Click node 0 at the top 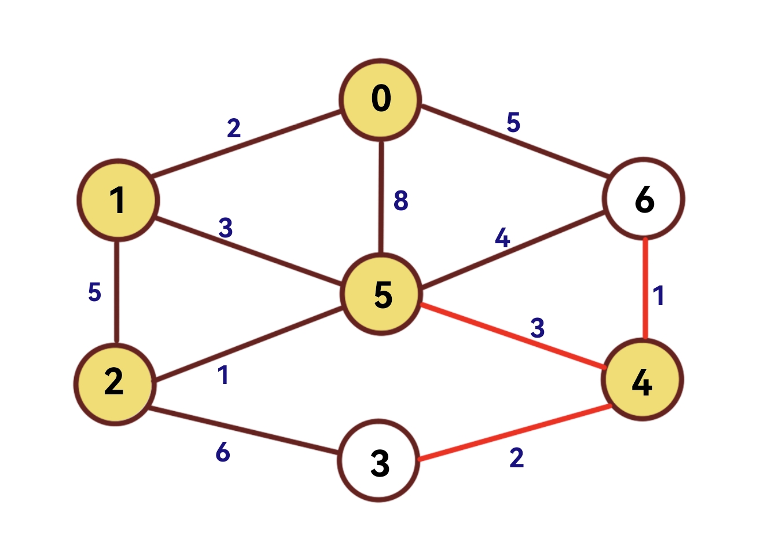(380, 100)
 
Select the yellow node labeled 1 (117, 200)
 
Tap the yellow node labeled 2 (115, 383)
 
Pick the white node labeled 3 (379, 460)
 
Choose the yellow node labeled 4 (642, 380)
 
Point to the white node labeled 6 (644, 199)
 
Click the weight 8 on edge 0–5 (400, 200)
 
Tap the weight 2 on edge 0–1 (233, 128)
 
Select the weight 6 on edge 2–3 (223, 452)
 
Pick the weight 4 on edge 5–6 (502, 238)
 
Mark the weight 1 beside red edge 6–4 (658, 296)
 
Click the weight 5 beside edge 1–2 (94, 292)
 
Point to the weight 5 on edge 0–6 (513, 123)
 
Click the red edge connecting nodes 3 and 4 (515, 434)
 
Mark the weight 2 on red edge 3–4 (516, 457)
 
